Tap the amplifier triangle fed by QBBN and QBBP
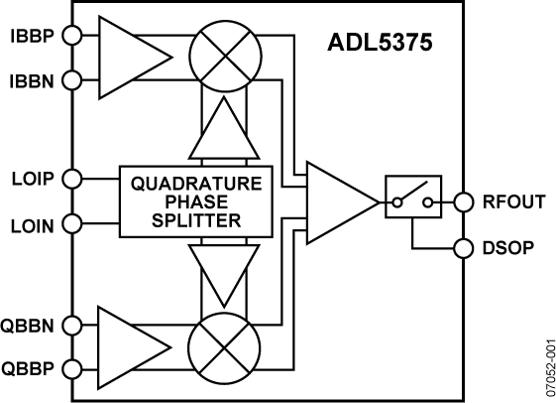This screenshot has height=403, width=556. point(125,344)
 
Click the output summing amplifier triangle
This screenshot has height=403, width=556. point(339,202)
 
